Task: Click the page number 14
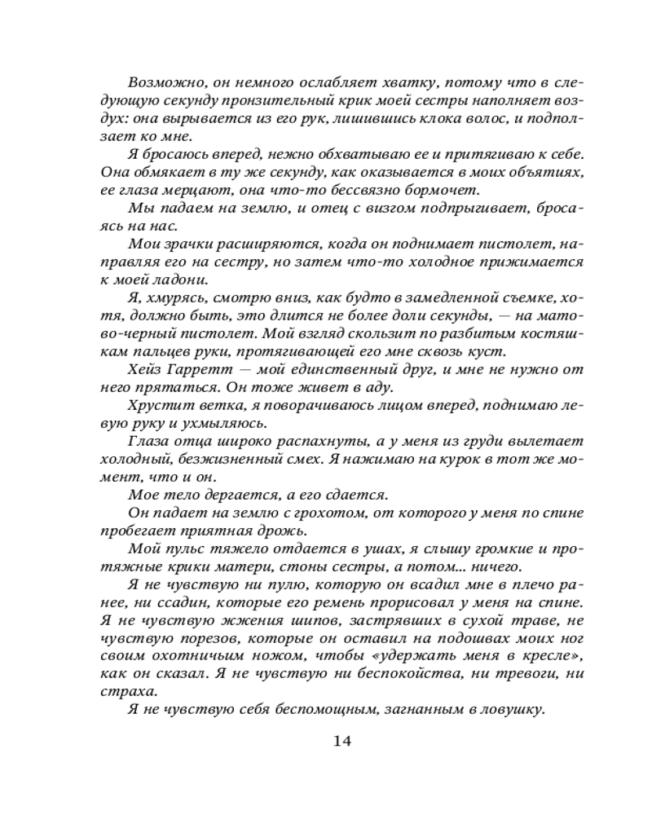pyautogui.click(x=341, y=742)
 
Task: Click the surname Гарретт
pyautogui.click(x=203, y=369)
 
